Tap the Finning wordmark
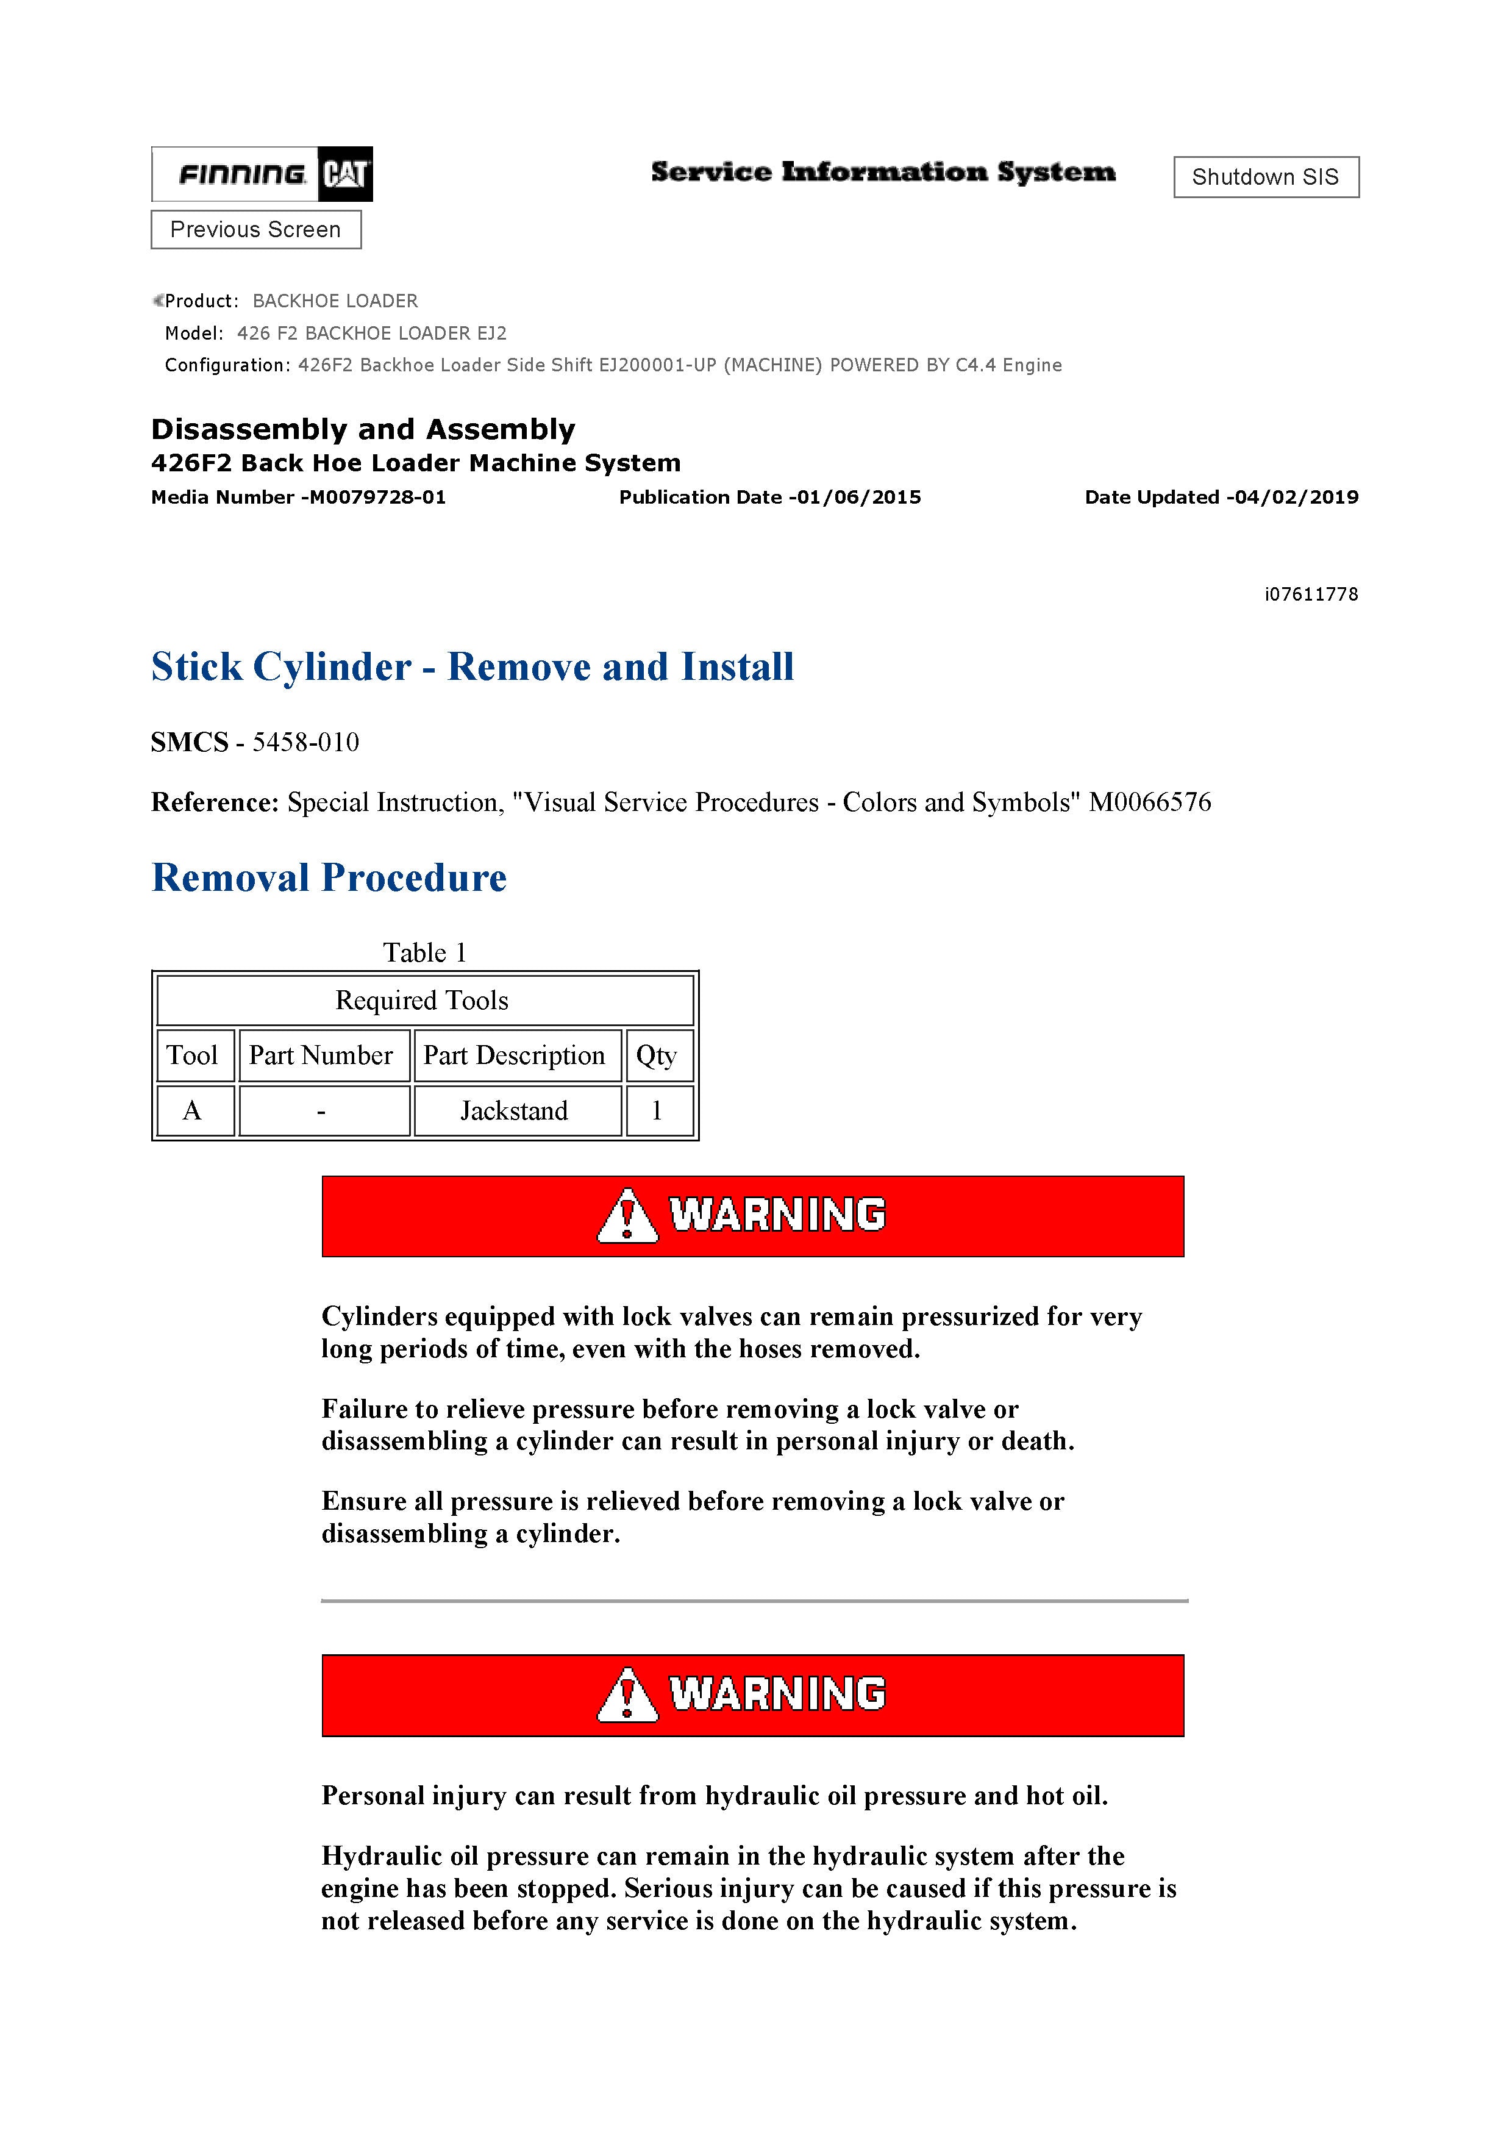click(241, 174)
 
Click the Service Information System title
click(882, 173)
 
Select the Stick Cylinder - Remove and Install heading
click(472, 667)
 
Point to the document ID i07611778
click(1311, 595)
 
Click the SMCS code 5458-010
click(305, 743)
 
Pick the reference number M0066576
click(1150, 802)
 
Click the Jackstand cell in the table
click(514, 1110)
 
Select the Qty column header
click(657, 1055)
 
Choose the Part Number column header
click(321, 1055)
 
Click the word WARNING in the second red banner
click(778, 1694)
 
